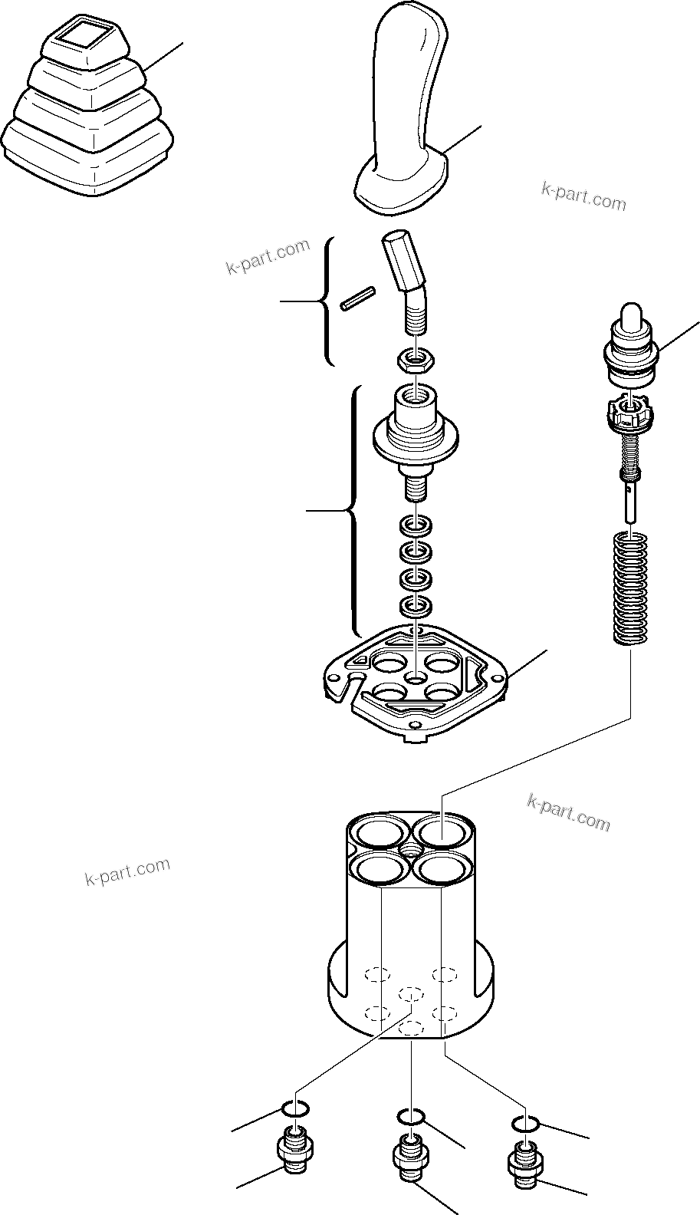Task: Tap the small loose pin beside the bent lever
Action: coord(358,299)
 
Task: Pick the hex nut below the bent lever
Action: coord(415,358)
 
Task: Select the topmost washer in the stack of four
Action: coord(415,527)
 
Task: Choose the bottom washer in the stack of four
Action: coord(415,607)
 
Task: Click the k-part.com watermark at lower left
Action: coord(127,871)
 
